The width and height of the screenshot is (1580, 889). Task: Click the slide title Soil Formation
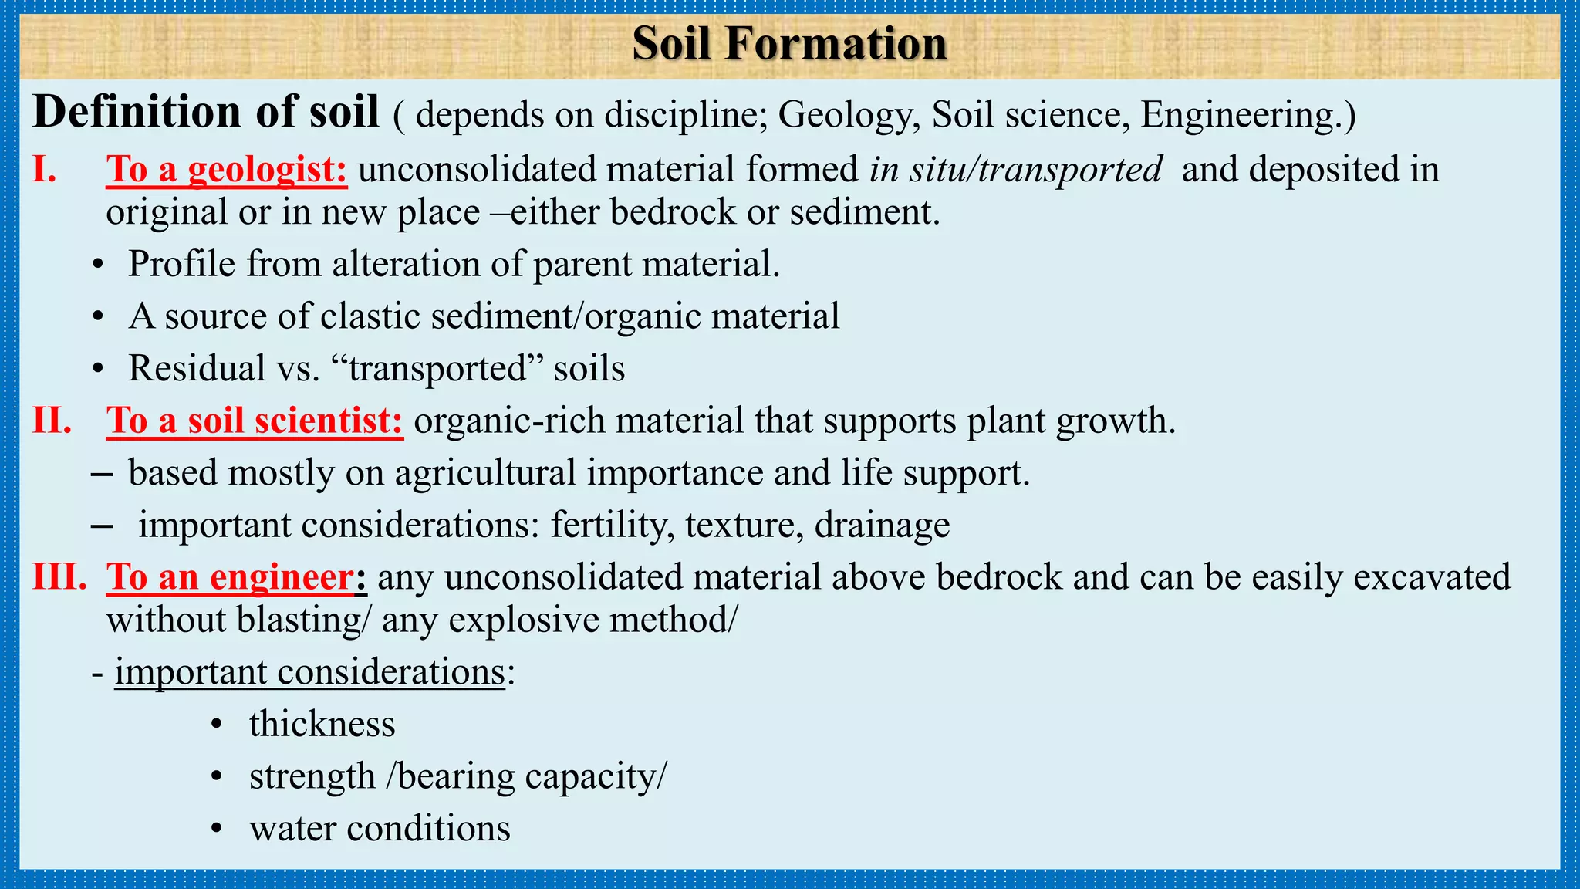(x=789, y=43)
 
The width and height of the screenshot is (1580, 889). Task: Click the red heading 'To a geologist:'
(x=227, y=169)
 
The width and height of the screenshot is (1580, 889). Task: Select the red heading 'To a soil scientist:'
(x=255, y=421)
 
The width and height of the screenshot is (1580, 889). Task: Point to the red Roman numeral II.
(x=52, y=421)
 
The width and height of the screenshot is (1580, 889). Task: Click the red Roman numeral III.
(x=59, y=576)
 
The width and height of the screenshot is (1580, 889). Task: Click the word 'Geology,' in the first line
(x=849, y=115)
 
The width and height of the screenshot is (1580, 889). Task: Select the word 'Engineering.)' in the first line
(x=1247, y=115)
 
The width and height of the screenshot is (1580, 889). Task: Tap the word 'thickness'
(x=322, y=724)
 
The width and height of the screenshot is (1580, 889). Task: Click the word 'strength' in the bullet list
(x=312, y=776)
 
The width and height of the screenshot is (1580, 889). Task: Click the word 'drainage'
(x=882, y=526)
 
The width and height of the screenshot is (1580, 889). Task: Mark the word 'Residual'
(x=196, y=368)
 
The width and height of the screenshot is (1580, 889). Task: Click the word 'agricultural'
(x=485, y=473)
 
